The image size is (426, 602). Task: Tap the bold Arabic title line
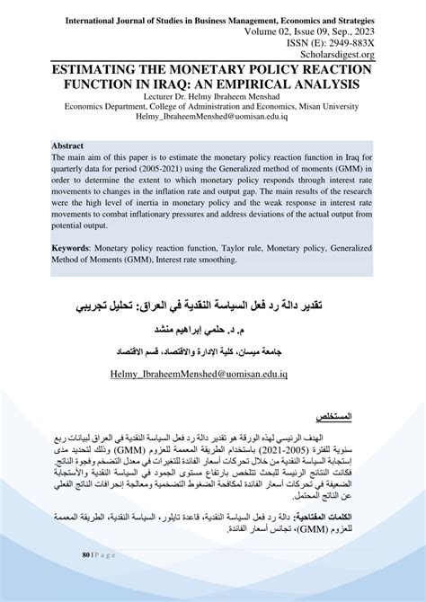[x=212, y=307]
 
